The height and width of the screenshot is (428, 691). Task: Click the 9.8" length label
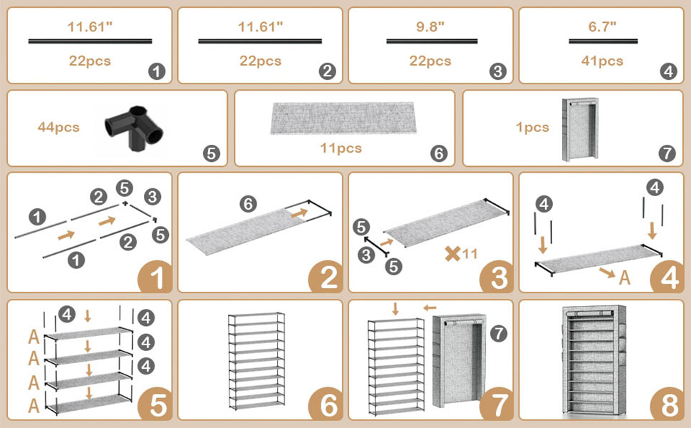(x=430, y=27)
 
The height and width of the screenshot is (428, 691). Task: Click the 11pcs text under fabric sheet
(x=340, y=148)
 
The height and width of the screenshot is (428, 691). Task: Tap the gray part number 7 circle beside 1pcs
(x=667, y=152)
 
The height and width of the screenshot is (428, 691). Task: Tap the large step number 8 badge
(x=669, y=405)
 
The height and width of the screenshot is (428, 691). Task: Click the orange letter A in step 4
(x=625, y=277)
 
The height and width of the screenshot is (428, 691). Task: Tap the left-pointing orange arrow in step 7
(x=430, y=307)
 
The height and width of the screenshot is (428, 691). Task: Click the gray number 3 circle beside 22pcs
(x=497, y=71)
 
